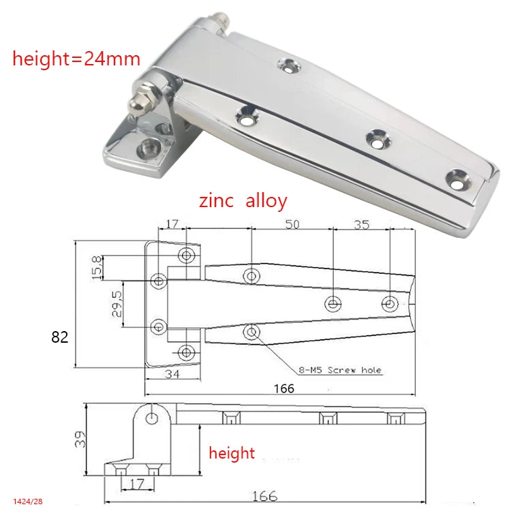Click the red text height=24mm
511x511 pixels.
[x=76, y=59]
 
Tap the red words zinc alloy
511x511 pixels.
[x=243, y=201]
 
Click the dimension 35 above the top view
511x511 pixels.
[x=362, y=225]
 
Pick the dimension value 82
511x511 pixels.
[x=59, y=337]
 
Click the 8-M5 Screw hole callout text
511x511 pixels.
[x=340, y=370]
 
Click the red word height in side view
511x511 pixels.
[x=232, y=453]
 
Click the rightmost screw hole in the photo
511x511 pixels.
[x=457, y=181]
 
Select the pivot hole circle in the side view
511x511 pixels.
[x=151, y=418]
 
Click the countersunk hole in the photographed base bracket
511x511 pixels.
[x=147, y=146]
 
